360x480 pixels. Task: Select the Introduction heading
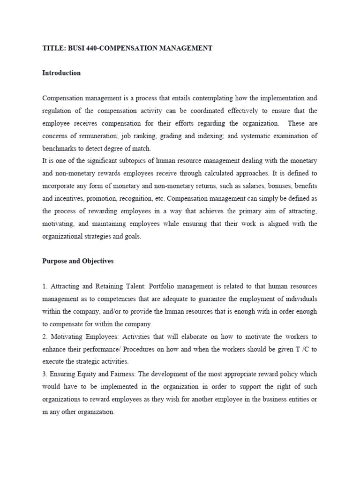(x=61, y=73)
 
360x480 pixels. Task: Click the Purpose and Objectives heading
(x=78, y=262)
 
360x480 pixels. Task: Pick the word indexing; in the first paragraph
(x=229, y=136)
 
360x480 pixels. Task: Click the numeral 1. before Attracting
(x=45, y=286)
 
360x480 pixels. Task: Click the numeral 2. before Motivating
(x=45, y=337)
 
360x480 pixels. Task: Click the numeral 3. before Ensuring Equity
(x=45, y=375)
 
